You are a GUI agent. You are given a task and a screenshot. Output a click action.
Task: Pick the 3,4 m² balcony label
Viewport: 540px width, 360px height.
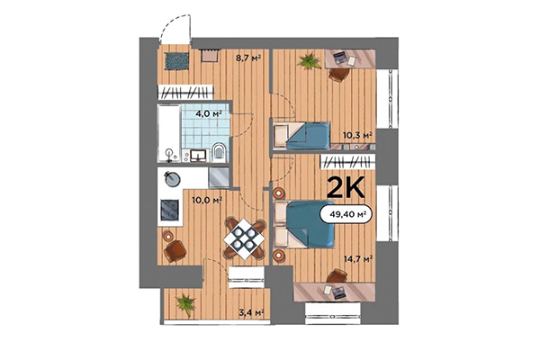click(x=251, y=312)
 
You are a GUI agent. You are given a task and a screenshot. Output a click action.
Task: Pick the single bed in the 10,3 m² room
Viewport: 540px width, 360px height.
click(x=301, y=137)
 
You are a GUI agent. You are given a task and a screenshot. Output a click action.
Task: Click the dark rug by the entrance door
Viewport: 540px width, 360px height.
click(x=175, y=59)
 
